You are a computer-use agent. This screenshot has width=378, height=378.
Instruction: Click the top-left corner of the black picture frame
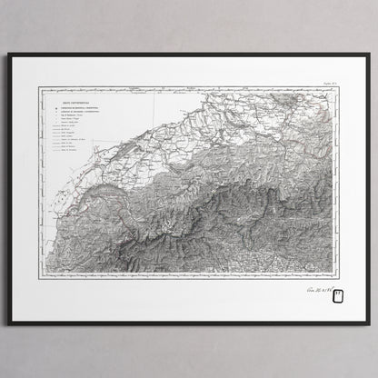point(8,55)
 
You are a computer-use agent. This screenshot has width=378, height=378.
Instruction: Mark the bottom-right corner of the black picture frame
point(370,324)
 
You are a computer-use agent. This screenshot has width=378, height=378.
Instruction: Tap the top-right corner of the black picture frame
point(370,55)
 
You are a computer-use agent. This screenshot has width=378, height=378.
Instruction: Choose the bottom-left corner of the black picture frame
point(8,324)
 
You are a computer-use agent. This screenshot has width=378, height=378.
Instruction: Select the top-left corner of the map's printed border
point(37,88)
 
